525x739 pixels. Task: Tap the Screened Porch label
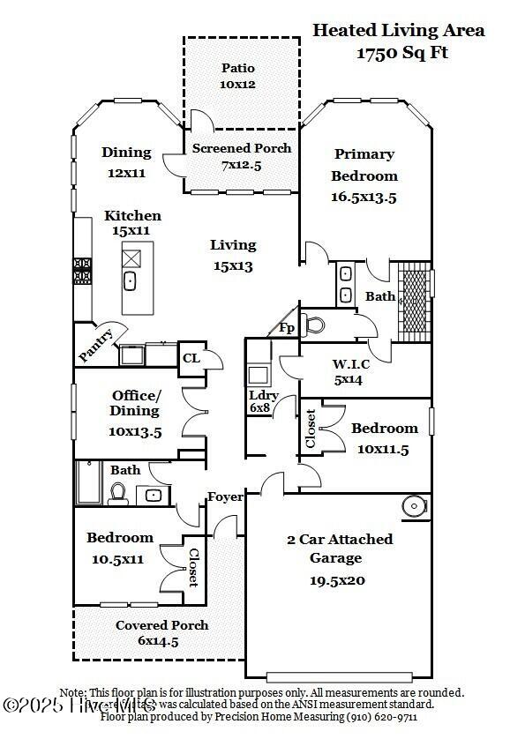[242, 148]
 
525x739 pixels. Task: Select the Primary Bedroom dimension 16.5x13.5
[364, 198]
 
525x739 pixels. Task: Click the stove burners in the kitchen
[82, 270]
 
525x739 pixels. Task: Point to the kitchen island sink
[130, 282]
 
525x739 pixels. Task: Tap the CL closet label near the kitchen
[191, 358]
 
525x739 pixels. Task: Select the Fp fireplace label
[288, 327]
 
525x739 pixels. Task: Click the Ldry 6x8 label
[263, 402]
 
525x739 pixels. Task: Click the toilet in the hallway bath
[119, 494]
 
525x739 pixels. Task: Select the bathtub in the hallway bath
[90, 484]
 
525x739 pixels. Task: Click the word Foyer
[225, 497]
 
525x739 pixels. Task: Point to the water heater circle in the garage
[413, 506]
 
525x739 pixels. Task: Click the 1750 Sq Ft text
[402, 53]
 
